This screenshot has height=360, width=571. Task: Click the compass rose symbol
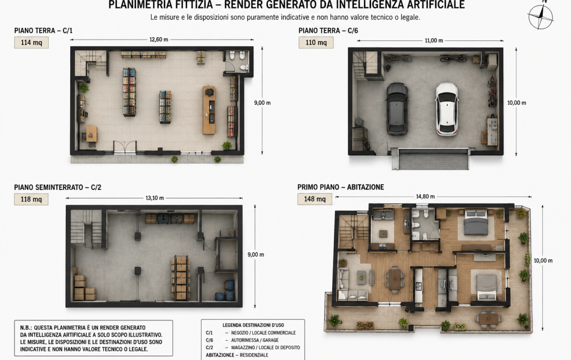[x=541, y=17]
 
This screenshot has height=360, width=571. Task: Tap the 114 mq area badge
[x=31, y=42]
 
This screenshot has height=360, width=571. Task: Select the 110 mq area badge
[x=316, y=42]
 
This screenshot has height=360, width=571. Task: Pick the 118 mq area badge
[x=31, y=200]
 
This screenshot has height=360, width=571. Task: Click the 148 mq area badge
[x=315, y=199]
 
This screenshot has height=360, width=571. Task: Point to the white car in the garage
[x=447, y=108]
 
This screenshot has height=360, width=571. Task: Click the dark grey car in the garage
[x=397, y=108]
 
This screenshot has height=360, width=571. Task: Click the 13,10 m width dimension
[x=154, y=198]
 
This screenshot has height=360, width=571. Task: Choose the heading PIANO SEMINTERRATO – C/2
[x=58, y=187]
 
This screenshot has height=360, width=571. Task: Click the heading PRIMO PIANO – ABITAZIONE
[x=341, y=187]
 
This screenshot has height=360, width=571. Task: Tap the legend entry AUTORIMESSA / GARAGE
[x=255, y=340]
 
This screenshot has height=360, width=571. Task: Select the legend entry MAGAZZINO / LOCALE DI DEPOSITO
[x=265, y=348]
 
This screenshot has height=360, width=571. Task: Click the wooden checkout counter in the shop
[x=209, y=110]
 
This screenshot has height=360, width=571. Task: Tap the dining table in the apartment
[x=395, y=279]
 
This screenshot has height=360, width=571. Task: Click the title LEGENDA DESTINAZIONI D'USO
[x=253, y=325]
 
